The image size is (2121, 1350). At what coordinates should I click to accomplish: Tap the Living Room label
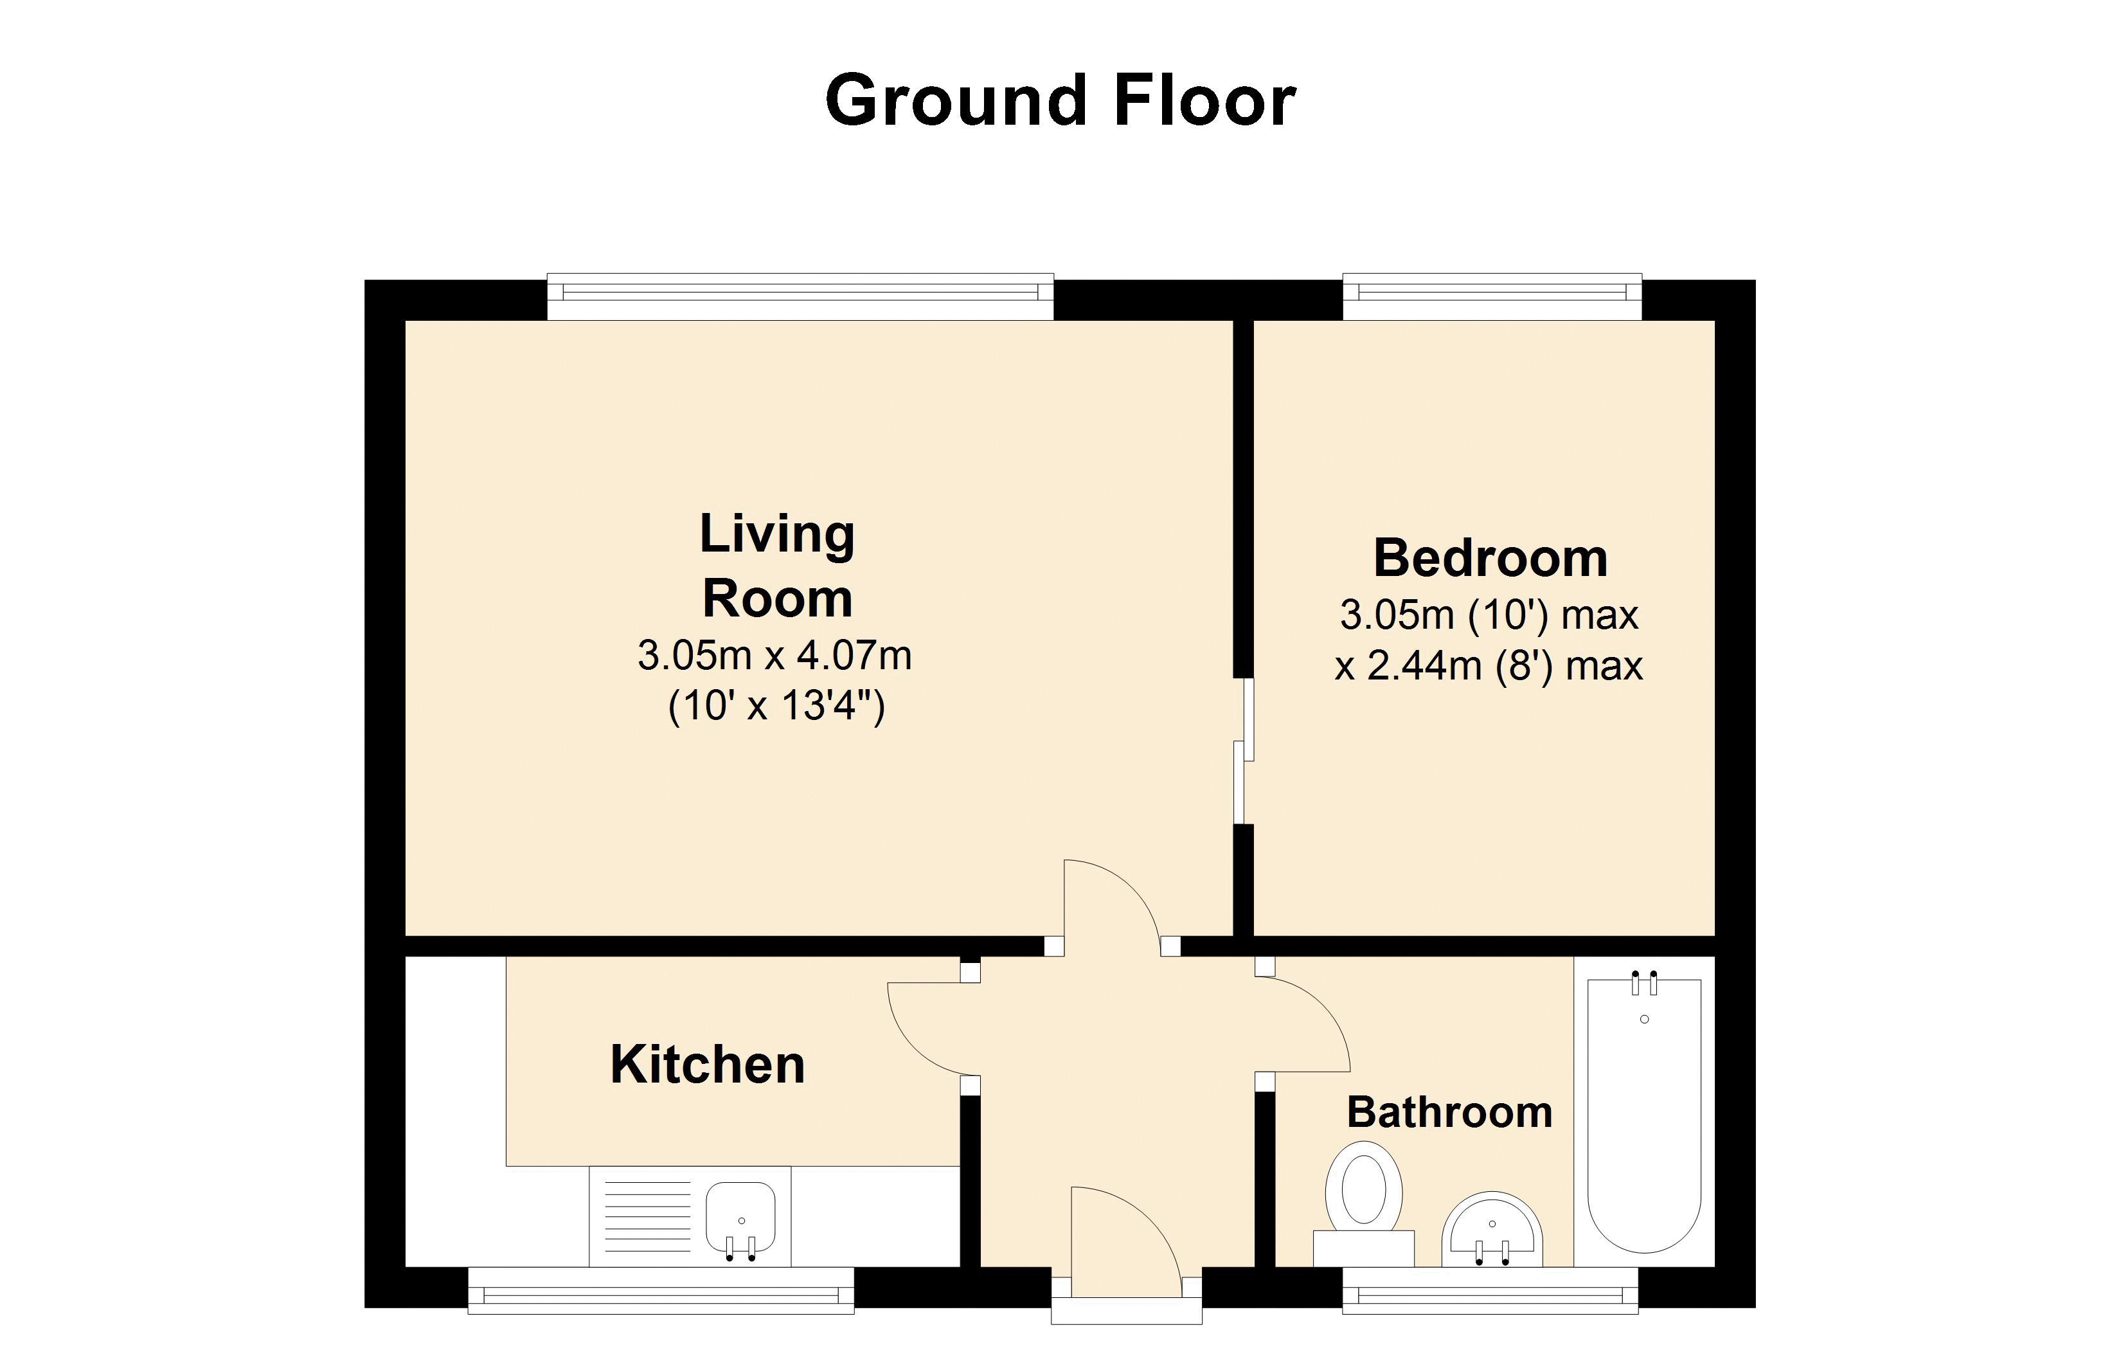[777, 566]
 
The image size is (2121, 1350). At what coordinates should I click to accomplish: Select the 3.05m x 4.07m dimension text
[774, 656]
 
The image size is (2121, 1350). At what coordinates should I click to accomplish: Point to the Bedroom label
[1490, 558]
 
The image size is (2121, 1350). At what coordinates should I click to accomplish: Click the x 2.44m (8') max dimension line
[1489, 666]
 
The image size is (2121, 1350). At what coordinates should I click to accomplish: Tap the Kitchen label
[707, 1065]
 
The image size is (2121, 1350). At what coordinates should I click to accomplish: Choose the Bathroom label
[1449, 1112]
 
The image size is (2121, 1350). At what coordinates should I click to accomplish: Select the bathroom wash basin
[1492, 1229]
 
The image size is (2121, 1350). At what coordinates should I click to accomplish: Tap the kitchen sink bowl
[740, 1217]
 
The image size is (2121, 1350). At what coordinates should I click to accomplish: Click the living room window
[800, 297]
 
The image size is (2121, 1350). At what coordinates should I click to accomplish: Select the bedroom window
[1492, 297]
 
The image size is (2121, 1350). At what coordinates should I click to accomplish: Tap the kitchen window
[661, 1290]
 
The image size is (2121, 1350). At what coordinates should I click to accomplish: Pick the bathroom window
[1490, 1290]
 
